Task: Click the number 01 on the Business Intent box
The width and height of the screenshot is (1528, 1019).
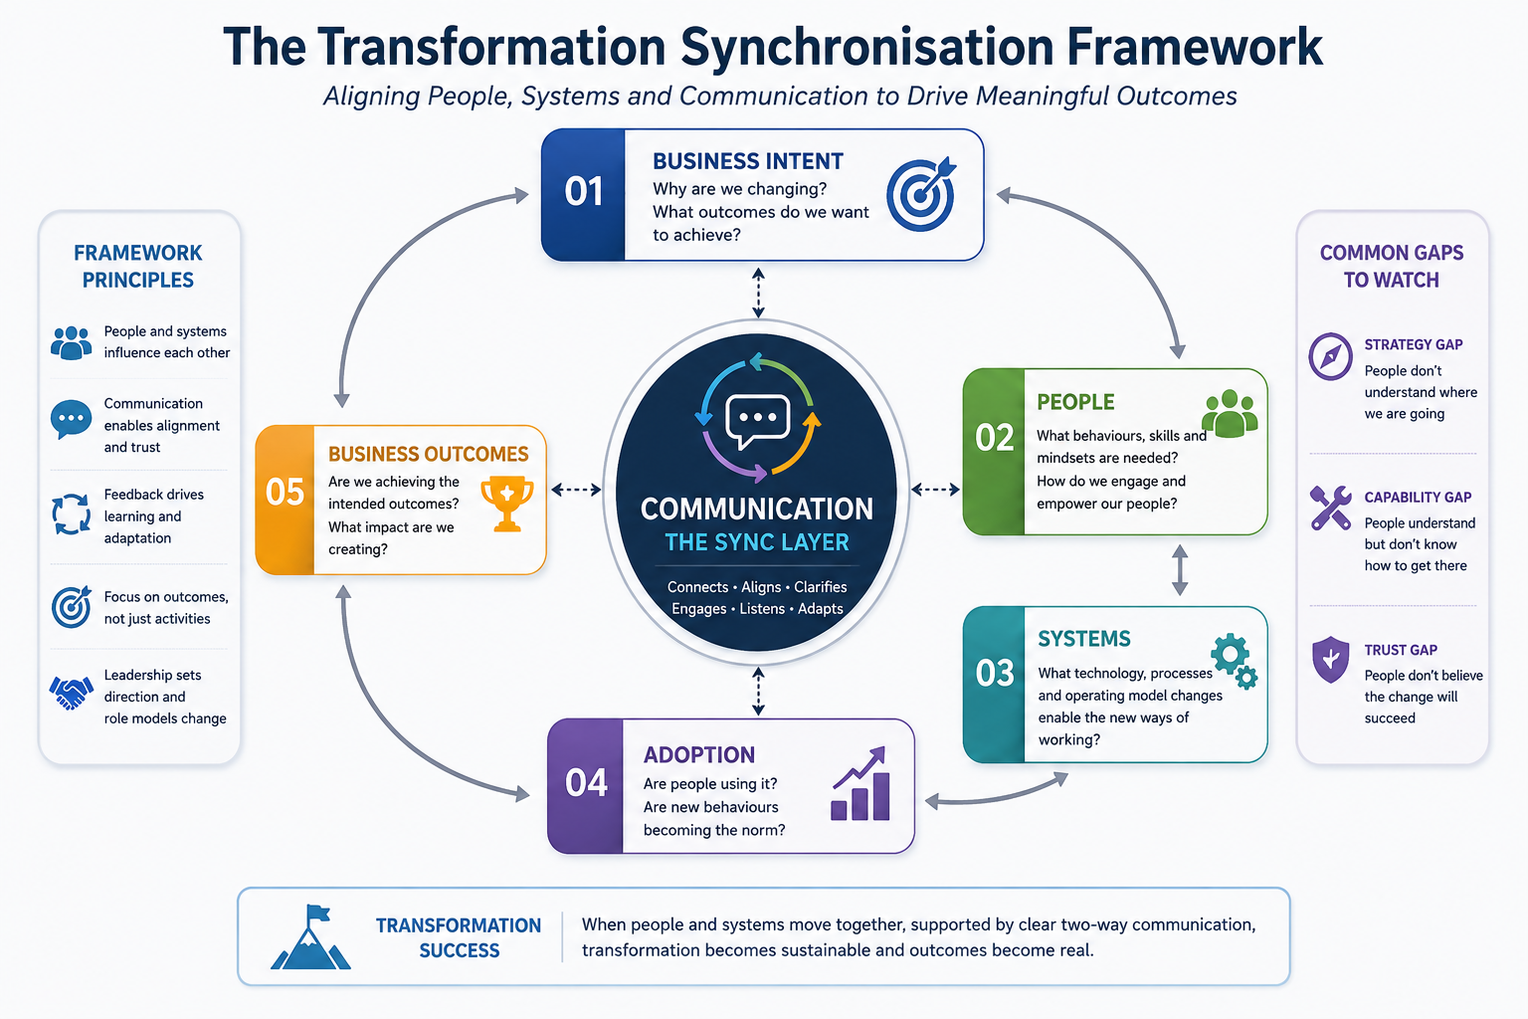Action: coord(583,191)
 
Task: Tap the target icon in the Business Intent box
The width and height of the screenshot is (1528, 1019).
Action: coord(921,194)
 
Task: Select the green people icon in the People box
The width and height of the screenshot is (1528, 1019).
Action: coord(1230,413)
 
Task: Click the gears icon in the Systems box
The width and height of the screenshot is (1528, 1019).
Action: coord(1235,661)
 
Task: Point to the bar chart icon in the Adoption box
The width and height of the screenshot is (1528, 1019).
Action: coord(860,783)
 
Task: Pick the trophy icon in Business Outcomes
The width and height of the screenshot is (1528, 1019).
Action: coord(506,503)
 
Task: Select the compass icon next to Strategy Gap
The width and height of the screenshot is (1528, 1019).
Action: coord(1330,356)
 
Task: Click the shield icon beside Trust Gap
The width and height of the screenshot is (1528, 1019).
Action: coord(1330,660)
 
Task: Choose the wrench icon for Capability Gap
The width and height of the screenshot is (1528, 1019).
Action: coord(1330,508)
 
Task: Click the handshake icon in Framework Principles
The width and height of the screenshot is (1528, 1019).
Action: coord(71,693)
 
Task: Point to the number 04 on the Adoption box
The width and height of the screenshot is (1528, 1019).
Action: coord(586,783)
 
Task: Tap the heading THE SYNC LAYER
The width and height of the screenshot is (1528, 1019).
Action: coord(757,542)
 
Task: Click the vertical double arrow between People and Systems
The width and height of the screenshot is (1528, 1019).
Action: coord(1180,570)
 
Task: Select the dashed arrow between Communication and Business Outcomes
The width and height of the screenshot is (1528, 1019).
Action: coord(576,490)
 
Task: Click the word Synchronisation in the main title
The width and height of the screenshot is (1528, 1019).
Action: coord(867,47)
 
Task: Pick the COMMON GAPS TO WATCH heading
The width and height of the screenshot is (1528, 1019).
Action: coord(1392,266)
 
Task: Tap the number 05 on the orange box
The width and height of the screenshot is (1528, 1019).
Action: coord(285,493)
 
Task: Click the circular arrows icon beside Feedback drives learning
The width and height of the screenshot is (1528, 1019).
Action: coord(71,514)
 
